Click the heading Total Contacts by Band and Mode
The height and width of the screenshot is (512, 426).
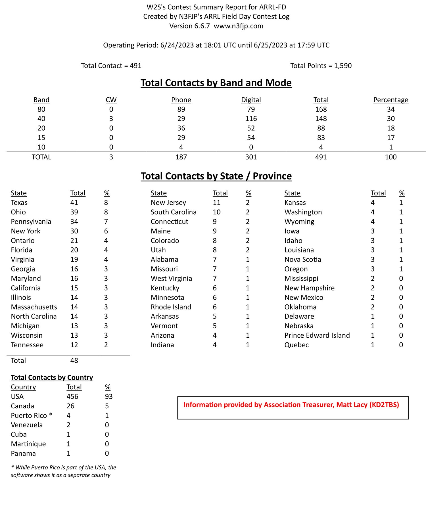point(216,83)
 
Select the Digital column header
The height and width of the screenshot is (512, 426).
point(251,100)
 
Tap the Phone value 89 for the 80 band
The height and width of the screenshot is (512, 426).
point(181,109)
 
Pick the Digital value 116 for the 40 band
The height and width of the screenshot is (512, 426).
point(251,119)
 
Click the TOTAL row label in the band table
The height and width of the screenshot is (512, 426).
point(41,157)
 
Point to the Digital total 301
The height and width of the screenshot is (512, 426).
point(251,157)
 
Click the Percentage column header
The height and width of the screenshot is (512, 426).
point(390,100)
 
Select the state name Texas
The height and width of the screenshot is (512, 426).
point(19,202)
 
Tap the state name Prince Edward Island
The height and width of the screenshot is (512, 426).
point(317,335)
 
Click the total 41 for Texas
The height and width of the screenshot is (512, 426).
point(74,202)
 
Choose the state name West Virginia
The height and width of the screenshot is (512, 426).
point(171,278)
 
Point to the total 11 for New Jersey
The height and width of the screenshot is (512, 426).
point(216,202)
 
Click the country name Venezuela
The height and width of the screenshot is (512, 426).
point(27,425)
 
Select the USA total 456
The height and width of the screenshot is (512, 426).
point(72,396)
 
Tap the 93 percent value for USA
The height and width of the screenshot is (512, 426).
point(109,396)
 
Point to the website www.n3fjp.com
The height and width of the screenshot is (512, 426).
point(239,26)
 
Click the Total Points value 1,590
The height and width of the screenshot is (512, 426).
point(343,66)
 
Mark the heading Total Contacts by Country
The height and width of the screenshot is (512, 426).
point(52,377)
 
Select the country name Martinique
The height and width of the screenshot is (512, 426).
point(28,444)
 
